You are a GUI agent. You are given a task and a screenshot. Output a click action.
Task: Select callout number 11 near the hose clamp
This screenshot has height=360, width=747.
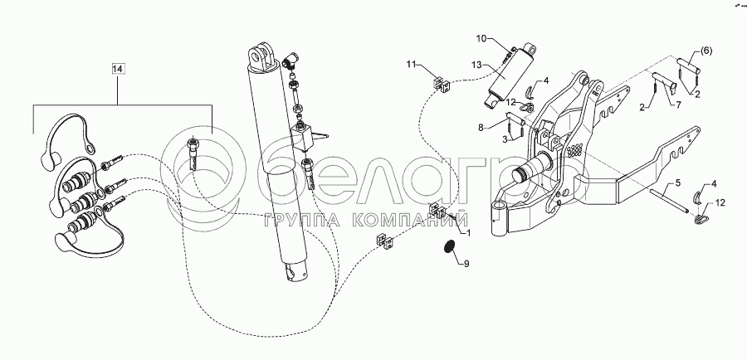(413, 64)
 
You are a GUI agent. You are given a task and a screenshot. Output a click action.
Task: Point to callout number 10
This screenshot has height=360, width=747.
(481, 39)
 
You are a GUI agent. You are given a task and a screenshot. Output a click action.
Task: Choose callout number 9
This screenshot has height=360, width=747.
(466, 265)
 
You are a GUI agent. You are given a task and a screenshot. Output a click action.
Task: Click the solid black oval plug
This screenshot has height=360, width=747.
(449, 250)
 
